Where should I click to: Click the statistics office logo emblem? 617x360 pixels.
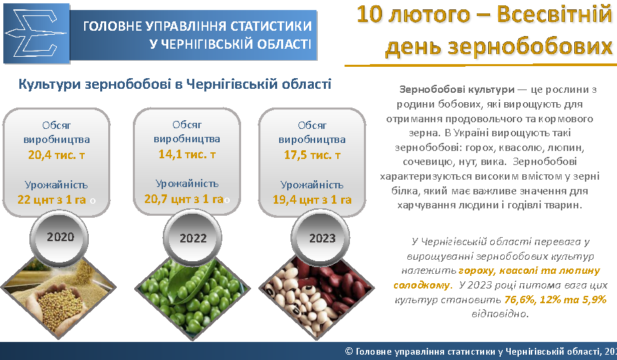click(36, 33)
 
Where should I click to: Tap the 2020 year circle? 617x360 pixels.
click(60, 237)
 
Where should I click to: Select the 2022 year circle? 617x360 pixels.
click(193, 238)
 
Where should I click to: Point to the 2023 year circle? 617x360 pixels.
click(322, 238)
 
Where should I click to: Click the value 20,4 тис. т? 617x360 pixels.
click(56, 155)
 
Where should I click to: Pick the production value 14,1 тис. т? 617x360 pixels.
click(187, 154)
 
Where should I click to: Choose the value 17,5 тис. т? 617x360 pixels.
click(312, 155)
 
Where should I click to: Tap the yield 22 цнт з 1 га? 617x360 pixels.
click(51, 200)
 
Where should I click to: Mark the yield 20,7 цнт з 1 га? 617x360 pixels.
click(184, 198)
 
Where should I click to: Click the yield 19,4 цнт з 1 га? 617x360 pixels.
click(312, 200)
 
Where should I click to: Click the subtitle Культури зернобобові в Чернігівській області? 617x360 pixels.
click(175, 84)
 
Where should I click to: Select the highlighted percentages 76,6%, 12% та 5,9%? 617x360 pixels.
click(555, 300)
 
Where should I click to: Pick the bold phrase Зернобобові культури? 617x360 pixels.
click(457, 89)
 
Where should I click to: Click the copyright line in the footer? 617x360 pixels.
click(481, 351)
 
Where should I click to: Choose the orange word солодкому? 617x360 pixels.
click(421, 285)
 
